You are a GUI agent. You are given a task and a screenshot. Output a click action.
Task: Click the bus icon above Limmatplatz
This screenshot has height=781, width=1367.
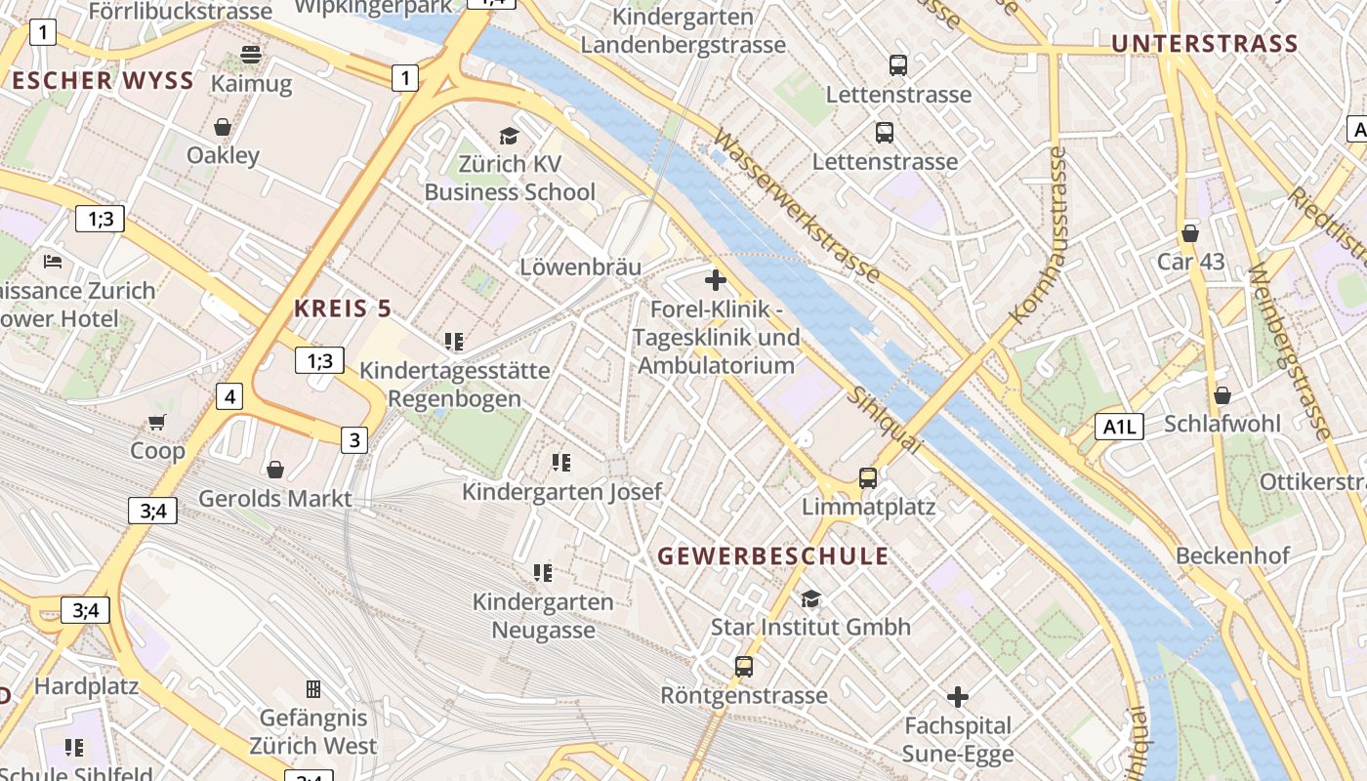867,477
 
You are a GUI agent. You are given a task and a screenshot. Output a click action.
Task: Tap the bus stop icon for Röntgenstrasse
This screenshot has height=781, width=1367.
744,667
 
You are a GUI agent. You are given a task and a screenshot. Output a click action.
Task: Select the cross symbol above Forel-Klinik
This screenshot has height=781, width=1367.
716,281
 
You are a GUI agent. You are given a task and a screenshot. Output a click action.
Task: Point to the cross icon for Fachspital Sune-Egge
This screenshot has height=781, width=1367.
958,697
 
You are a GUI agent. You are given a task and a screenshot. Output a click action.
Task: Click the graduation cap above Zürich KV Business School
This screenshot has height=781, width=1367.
509,136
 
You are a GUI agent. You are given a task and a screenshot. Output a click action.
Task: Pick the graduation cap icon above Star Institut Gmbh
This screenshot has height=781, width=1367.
810,597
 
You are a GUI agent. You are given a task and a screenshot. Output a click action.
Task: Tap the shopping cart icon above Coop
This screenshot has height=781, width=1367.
157,422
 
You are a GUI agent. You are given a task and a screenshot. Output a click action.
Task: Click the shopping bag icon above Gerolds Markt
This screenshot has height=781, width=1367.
275,470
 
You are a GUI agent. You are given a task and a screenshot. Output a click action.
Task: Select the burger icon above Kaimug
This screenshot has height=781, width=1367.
251,54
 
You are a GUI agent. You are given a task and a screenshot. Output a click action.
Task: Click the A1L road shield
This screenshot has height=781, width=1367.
1119,426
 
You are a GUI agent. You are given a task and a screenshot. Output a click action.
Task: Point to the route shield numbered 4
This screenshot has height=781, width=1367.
229,396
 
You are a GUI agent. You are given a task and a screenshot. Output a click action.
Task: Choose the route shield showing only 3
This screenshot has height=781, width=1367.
354,440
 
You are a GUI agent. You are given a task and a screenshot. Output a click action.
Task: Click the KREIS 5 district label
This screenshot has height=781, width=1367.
343,309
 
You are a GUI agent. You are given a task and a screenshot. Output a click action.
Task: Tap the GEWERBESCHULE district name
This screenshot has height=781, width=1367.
773,556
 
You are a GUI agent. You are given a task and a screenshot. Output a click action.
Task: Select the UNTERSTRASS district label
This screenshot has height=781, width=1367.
1205,43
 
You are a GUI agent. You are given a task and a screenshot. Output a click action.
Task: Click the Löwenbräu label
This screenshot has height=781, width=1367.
580,267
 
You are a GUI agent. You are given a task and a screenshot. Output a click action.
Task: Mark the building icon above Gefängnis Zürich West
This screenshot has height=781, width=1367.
313,689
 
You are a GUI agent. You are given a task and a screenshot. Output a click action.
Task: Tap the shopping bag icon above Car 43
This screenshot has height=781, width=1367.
1189,233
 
